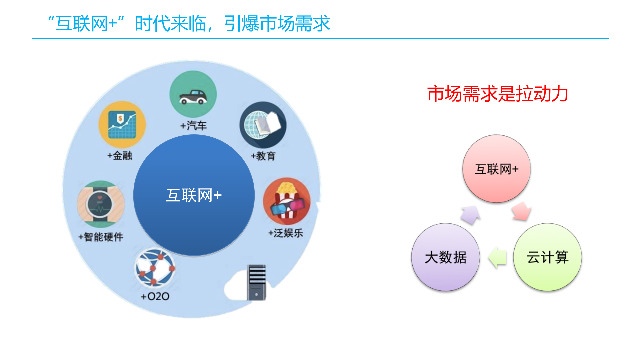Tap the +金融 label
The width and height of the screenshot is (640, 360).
(120, 156)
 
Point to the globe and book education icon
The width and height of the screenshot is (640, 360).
(263, 125)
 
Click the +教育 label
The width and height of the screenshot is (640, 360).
(263, 156)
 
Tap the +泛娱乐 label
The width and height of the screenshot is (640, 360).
(286, 233)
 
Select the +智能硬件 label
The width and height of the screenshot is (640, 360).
(101, 237)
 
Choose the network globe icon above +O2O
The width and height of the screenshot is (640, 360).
(155, 268)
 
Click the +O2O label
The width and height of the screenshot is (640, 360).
(155, 296)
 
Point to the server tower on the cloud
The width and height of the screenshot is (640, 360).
(256, 282)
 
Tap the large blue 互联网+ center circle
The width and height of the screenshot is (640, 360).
(194, 195)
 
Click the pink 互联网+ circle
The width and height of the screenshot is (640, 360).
(496, 169)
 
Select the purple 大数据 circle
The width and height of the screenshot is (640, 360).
(446, 257)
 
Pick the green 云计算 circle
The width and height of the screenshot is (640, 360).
(547, 257)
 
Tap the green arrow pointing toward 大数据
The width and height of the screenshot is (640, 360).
(497, 257)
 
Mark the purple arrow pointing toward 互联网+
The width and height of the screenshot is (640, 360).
(470, 215)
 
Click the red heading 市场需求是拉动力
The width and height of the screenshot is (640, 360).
(498, 94)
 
